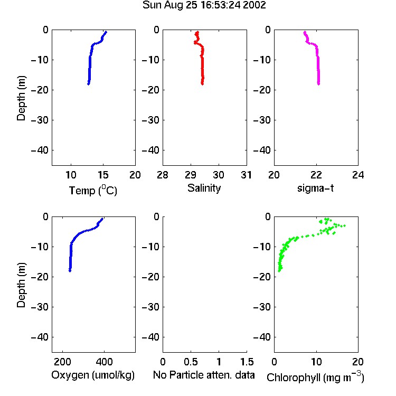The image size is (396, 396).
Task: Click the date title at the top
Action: point(204,5)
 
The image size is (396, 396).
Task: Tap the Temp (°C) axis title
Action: point(93,190)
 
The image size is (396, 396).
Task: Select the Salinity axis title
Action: point(204,188)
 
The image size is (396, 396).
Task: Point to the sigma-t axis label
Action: point(315,188)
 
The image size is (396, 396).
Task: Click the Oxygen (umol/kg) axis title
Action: point(93,375)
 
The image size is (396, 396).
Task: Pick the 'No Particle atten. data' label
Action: point(204,375)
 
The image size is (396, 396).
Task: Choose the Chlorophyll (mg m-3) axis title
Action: point(315,376)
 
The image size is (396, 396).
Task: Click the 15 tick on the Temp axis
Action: point(103,175)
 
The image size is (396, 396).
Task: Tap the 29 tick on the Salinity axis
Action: point(191,175)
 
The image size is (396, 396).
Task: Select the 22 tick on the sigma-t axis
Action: point(316,175)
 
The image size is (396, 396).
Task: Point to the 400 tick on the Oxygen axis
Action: point(104,362)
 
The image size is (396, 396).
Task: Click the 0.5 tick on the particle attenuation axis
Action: point(191,362)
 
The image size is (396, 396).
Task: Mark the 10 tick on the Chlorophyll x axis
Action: point(316,362)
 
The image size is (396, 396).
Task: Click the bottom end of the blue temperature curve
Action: point(88,84)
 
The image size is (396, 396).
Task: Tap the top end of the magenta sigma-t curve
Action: point(305,32)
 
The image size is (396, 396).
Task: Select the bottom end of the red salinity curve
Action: point(202,84)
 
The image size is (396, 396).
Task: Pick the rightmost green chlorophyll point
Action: point(344,225)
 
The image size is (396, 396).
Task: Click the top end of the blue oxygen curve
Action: point(102,219)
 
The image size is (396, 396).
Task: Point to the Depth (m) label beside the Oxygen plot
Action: point(21,285)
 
